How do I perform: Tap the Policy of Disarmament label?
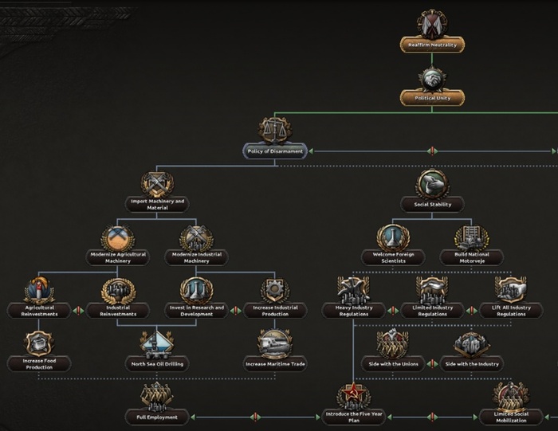pyautogui.click(x=275, y=151)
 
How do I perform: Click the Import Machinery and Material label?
pyautogui.click(x=157, y=204)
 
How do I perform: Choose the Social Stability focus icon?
pyautogui.click(x=432, y=184)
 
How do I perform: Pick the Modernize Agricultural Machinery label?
pyautogui.click(x=118, y=257)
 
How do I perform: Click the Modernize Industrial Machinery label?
pyautogui.click(x=196, y=257)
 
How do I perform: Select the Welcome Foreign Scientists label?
pyautogui.click(x=393, y=257)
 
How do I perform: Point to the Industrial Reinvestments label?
pyautogui.click(x=117, y=311)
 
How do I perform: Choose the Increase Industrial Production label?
pyautogui.click(x=275, y=311)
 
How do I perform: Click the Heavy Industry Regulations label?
pyautogui.click(x=352, y=311)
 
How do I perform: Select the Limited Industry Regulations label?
pyautogui.click(x=432, y=311)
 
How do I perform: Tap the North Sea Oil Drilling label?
pyautogui.click(x=157, y=364)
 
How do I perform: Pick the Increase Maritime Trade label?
pyautogui.click(x=275, y=364)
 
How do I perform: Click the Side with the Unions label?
pyautogui.click(x=393, y=364)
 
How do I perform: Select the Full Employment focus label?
pyautogui.click(x=157, y=417)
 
